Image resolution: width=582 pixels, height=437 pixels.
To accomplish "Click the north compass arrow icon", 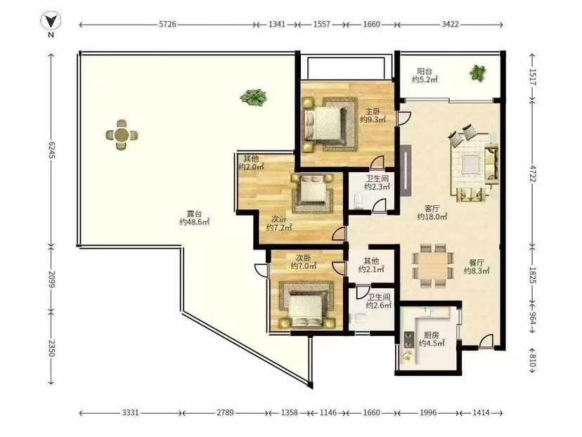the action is point(51,22).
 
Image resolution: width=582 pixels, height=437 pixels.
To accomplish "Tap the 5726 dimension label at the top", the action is point(167,25).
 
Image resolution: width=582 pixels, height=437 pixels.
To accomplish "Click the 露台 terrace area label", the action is point(195,218).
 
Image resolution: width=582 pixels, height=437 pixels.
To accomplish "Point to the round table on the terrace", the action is point(122,135).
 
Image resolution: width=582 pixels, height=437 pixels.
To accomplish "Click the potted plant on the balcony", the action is point(477,72).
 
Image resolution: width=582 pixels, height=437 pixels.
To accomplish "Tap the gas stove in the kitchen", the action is point(408,339).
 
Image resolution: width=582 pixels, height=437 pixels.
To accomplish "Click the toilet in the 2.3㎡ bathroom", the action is point(358,201).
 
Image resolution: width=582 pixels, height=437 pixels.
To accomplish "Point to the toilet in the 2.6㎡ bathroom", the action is point(358,318).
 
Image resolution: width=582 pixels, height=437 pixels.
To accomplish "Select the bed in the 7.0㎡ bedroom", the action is point(307,306).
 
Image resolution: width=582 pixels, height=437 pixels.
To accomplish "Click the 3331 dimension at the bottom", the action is point(130,412).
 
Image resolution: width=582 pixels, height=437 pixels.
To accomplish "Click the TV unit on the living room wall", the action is point(406,170).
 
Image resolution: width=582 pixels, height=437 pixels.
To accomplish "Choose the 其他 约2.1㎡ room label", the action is point(371,265).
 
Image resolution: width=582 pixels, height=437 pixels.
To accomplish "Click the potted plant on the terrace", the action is point(254,98).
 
